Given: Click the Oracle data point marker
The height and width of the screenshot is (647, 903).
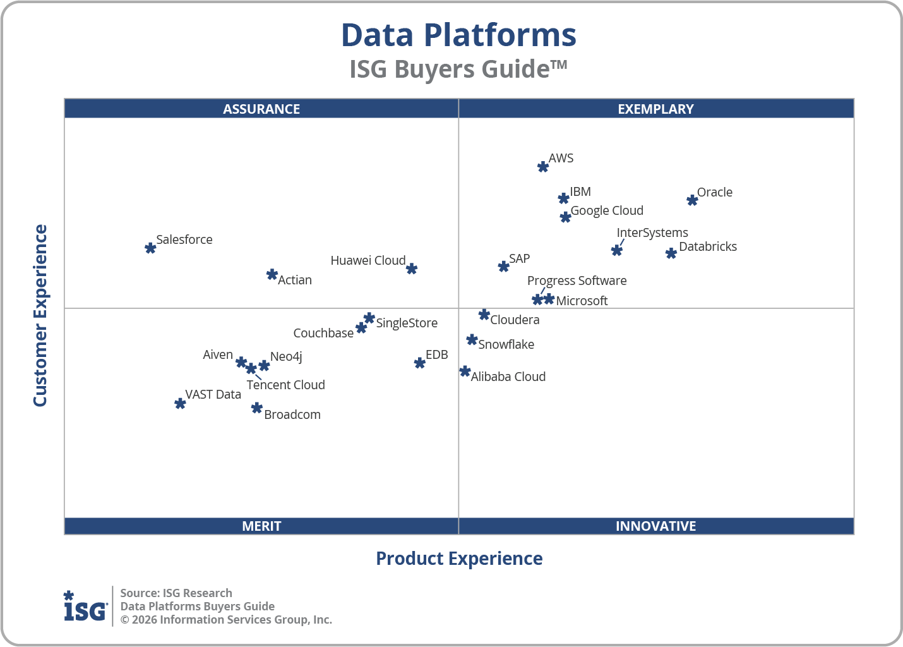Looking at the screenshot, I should point(692,200).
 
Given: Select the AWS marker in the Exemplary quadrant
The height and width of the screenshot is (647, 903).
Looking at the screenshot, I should point(543,167).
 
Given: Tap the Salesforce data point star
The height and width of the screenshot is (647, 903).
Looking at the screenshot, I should point(150,248).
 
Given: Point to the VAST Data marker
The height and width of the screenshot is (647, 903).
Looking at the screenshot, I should point(180,404).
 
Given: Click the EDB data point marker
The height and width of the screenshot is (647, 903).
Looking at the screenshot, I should point(420,363).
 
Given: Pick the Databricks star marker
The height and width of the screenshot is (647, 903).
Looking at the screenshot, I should point(671,253).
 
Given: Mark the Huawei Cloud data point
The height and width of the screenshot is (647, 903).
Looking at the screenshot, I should point(412,269).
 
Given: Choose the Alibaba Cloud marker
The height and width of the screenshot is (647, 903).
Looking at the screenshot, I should point(465,372).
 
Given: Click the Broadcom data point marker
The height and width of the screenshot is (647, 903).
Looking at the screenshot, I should point(256,408).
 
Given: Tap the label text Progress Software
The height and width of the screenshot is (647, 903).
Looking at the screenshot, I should point(577,281).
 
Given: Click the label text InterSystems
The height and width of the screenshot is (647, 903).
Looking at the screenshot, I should point(652,233).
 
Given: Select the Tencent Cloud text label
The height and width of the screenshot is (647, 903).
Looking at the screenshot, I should point(285,385).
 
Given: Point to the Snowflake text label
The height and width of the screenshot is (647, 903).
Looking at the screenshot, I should point(506,344).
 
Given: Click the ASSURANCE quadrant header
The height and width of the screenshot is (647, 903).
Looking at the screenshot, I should point(261,109).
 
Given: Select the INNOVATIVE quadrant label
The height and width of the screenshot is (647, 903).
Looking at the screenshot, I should point(655,526).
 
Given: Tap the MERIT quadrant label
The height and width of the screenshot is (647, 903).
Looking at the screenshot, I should point(261,526).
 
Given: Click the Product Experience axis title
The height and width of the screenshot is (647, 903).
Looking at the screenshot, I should point(459,559).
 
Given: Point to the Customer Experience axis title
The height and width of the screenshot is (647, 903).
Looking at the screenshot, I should point(40,316).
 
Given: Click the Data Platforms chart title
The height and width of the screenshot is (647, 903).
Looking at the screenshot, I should point(458,35).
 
